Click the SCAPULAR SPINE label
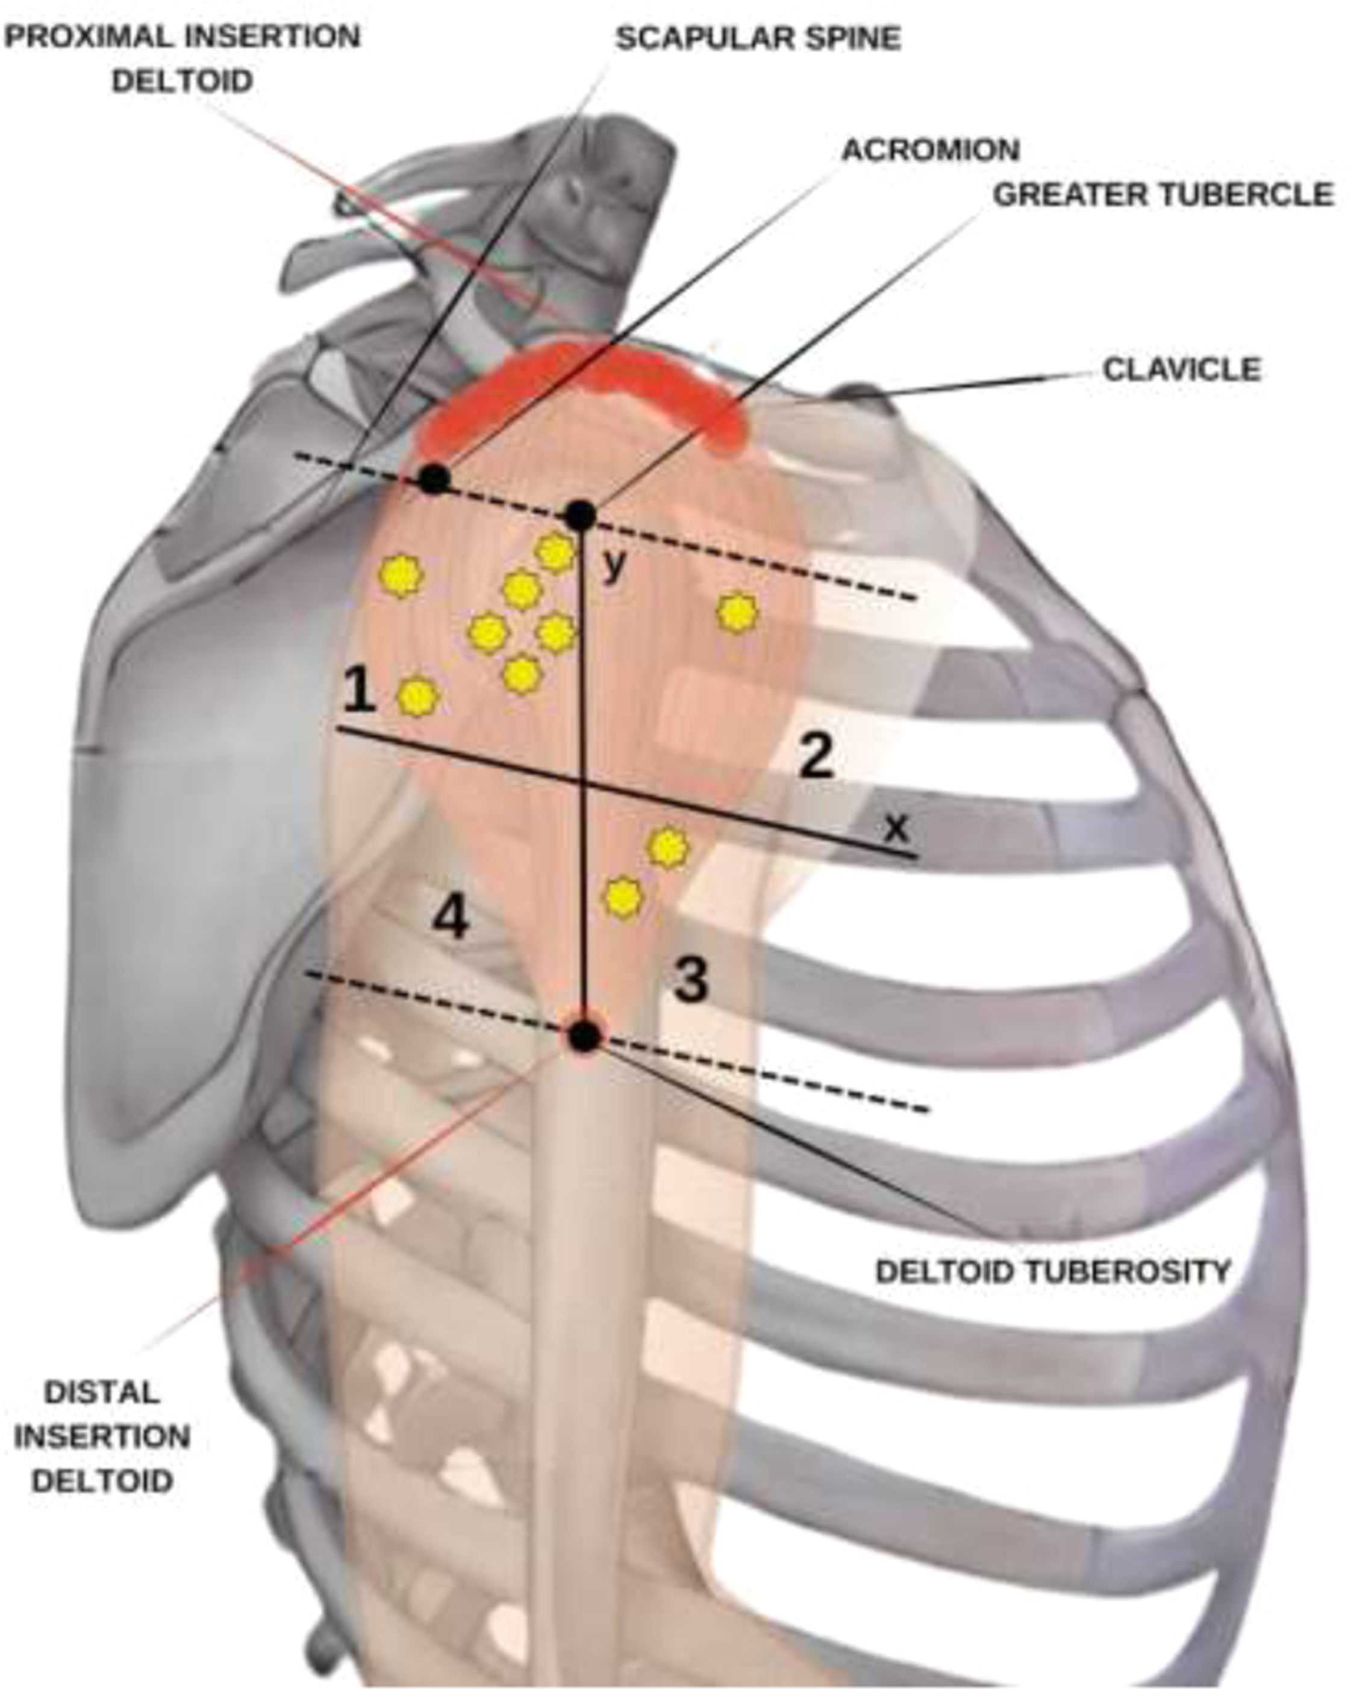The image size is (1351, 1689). (x=758, y=37)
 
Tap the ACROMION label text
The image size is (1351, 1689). (x=930, y=149)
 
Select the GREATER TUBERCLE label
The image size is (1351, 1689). (x=1163, y=194)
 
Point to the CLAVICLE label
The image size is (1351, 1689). (x=1182, y=370)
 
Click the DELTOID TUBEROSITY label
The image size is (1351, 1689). (x=1052, y=1271)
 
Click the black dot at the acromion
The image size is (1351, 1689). (x=433, y=479)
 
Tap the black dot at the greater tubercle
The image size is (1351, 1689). (x=581, y=515)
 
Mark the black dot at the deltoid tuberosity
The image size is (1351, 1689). (x=584, y=1036)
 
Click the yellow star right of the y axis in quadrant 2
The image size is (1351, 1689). (x=737, y=614)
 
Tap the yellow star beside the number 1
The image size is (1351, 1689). (x=419, y=697)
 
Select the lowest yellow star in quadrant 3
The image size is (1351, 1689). (x=622, y=898)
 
